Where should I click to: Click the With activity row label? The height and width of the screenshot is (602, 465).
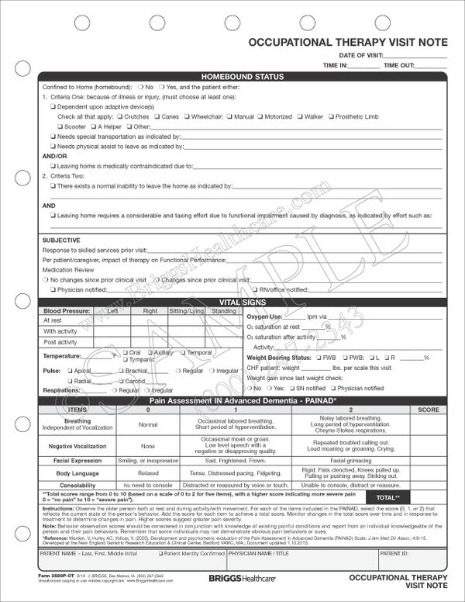[x=61, y=330]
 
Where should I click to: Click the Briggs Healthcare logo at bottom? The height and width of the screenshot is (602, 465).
[x=232, y=578]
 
